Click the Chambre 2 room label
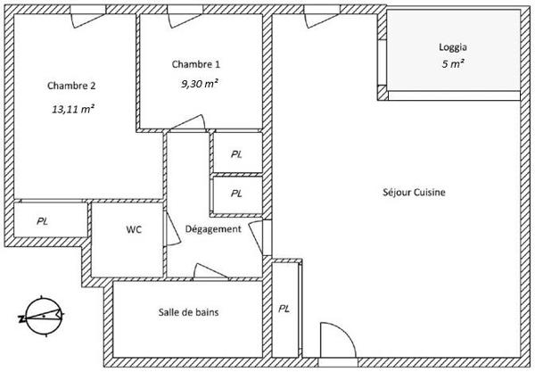[71, 86]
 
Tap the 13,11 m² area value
[73, 109]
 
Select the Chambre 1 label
[196, 64]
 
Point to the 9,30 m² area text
[200, 84]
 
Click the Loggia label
[453, 47]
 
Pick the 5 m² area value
[453, 64]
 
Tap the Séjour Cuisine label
[414, 192]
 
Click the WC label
[134, 229]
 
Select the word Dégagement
[213, 229]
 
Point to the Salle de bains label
[188, 312]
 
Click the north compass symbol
[42, 317]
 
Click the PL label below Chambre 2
[42, 221]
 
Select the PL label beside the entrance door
[284, 309]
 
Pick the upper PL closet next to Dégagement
[236, 154]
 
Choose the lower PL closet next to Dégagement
[236, 194]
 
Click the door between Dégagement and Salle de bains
[210, 272]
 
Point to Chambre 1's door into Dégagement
[187, 123]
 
